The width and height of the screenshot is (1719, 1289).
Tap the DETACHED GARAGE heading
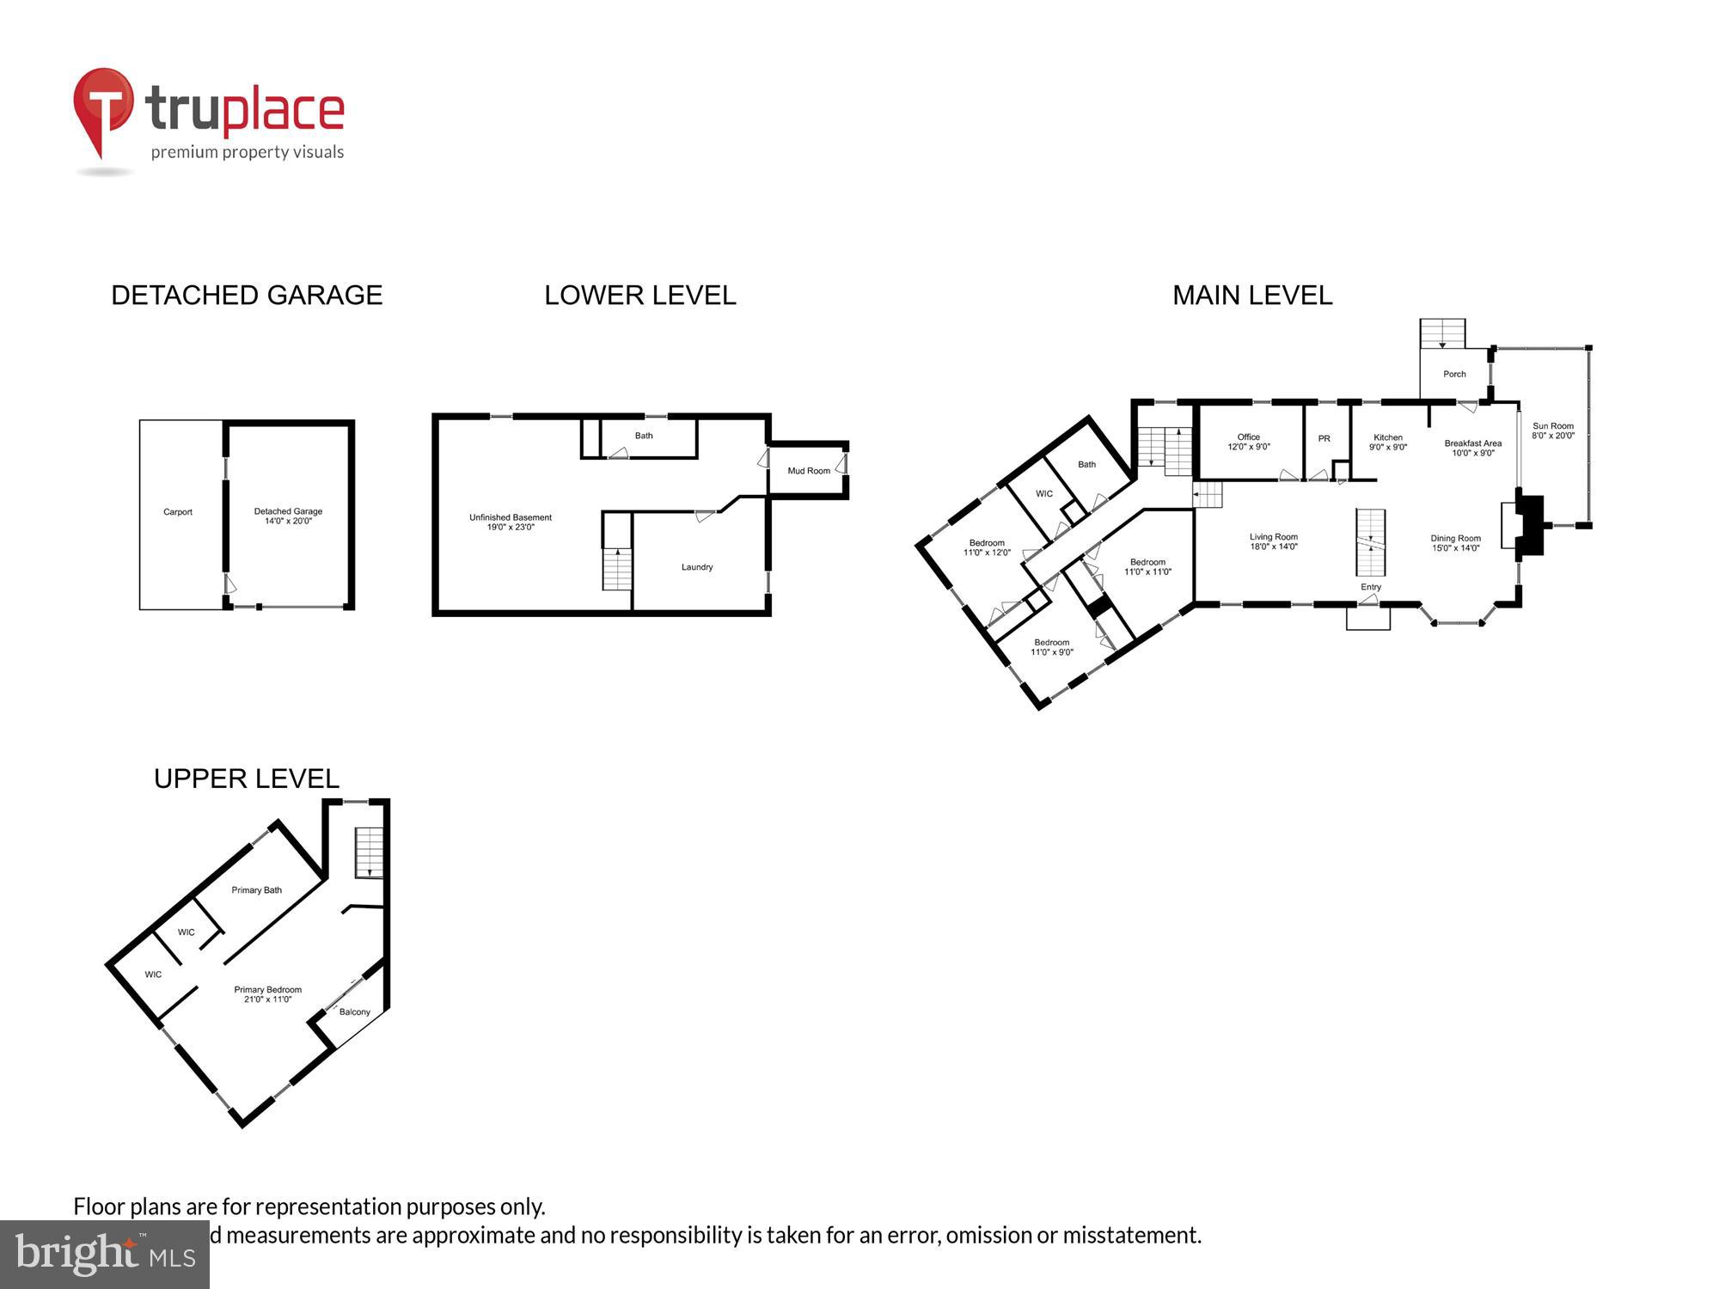(x=247, y=295)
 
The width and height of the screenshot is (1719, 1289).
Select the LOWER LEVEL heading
(x=639, y=295)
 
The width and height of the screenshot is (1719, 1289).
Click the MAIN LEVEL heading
(x=1252, y=295)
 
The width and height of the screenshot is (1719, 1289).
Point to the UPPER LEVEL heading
(x=246, y=779)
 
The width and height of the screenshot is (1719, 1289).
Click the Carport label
(x=178, y=512)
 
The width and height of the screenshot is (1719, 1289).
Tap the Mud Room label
(x=809, y=471)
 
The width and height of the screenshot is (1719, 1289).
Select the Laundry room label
(x=697, y=567)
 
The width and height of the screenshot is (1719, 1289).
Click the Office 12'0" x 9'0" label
(x=1248, y=442)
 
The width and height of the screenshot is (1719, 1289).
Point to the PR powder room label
(x=1324, y=438)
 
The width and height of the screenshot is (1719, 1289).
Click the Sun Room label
(x=1552, y=431)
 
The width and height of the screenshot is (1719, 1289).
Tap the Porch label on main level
(x=1454, y=374)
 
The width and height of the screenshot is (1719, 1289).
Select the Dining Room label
(x=1455, y=543)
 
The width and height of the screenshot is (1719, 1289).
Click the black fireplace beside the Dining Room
(x=1529, y=524)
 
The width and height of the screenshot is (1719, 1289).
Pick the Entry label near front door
(x=1371, y=587)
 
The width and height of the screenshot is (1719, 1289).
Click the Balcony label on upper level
(x=354, y=1011)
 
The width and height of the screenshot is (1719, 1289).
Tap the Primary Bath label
(x=256, y=890)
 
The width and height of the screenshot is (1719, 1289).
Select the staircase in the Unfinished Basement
(x=617, y=568)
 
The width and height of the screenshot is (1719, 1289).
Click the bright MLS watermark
(x=105, y=1255)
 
